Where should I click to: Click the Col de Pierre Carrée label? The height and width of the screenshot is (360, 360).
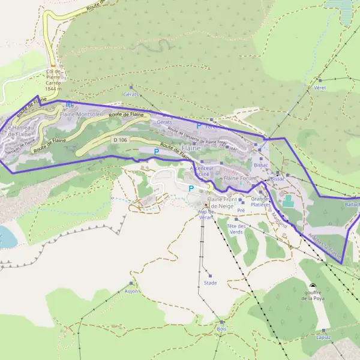(x=53, y=80)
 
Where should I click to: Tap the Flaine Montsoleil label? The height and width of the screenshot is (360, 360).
(x=81, y=114)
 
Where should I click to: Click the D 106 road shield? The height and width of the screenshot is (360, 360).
(x=120, y=140)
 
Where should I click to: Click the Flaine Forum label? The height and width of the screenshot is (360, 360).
(x=239, y=178)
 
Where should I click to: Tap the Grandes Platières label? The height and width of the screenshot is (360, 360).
(x=261, y=202)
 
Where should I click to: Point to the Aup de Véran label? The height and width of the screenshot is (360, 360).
(x=206, y=215)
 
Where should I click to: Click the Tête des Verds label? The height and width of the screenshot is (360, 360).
(x=236, y=229)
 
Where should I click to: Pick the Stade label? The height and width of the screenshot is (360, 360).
(x=210, y=283)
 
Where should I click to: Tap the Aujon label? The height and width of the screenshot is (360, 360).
(x=131, y=291)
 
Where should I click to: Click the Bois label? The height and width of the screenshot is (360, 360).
(x=222, y=329)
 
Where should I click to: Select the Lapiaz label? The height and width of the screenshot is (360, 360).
(x=324, y=337)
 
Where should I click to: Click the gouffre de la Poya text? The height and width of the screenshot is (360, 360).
(x=313, y=295)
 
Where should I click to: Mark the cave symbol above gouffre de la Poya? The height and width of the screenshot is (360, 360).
(x=313, y=286)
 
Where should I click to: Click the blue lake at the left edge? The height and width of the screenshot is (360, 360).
(x=6, y=236)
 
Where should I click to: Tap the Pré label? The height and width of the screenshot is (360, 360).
(x=241, y=211)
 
